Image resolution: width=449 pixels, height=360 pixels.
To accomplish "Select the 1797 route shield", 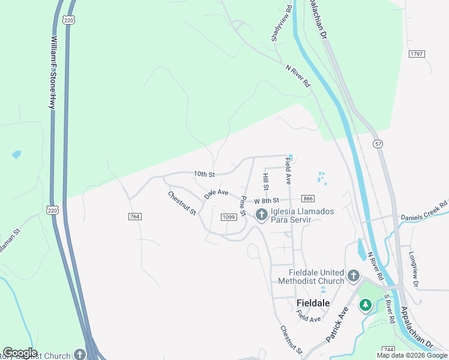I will coord(417,54).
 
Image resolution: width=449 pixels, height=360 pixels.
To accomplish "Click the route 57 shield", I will coord(377,144).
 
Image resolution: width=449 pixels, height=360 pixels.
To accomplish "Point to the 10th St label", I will coord(204,174).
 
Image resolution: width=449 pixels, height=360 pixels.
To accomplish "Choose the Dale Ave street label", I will coord(216,193).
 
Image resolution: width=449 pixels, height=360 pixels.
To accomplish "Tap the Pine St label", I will coord(244,206).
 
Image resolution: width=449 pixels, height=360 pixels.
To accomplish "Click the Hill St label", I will coord(265,179).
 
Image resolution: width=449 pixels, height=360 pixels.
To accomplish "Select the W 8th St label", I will coord(267,200).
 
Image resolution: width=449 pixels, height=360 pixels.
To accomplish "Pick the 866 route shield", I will coord(308,199).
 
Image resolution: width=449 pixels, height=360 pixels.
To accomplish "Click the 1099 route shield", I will coord(228,217).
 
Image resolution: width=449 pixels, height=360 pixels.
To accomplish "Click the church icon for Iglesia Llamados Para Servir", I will coord(261,215).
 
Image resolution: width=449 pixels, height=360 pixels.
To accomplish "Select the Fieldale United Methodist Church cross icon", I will coord(354,276).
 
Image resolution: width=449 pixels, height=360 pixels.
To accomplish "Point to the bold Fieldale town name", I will coord(313,303).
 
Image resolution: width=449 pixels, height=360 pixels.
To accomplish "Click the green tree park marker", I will coord(365,305).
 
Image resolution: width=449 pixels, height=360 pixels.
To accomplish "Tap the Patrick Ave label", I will coord(337,325).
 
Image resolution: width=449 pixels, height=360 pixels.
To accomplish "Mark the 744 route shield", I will coord(388,349).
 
